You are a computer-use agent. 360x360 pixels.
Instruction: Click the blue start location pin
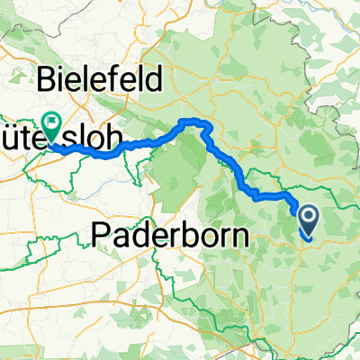(308, 218)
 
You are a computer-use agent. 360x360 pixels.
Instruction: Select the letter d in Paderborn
(135, 236)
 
